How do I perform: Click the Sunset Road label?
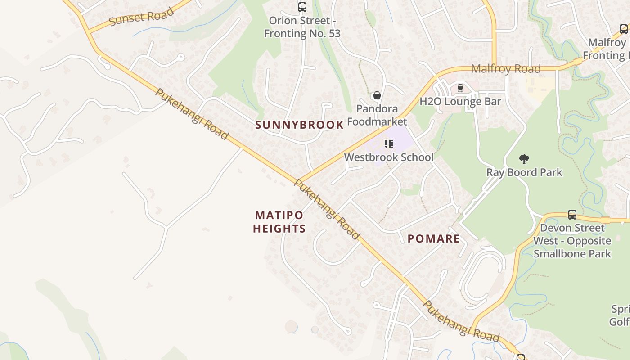click(141, 16)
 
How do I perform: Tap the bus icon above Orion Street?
click(302, 7)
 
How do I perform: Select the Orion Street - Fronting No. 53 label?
click(302, 27)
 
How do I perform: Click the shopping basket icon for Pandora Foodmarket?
click(377, 95)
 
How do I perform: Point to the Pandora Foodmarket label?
click(377, 115)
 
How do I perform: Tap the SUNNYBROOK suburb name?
click(299, 125)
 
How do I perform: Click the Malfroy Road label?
click(506, 69)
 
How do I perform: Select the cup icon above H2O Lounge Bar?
click(460, 88)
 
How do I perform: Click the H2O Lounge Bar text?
click(460, 101)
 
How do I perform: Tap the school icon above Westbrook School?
click(389, 144)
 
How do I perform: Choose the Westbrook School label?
click(389, 157)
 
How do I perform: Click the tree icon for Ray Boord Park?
click(524, 159)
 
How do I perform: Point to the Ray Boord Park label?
click(524, 172)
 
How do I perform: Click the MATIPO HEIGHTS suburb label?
click(279, 222)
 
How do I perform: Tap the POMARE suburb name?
click(434, 239)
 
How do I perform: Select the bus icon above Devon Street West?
click(572, 214)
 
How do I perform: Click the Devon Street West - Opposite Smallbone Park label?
click(572, 241)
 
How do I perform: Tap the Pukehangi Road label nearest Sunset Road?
click(192, 114)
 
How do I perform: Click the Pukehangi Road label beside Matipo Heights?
click(327, 209)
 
